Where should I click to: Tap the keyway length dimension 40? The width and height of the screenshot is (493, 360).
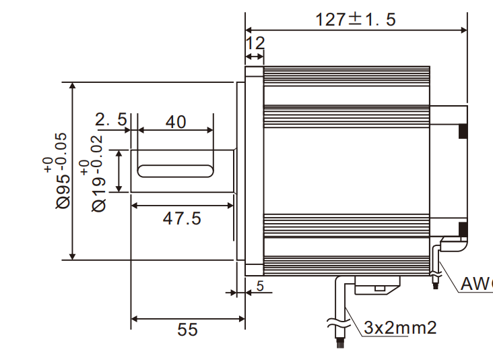175,122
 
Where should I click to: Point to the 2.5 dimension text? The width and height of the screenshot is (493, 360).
110,120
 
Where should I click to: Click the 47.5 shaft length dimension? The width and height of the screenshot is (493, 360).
182,218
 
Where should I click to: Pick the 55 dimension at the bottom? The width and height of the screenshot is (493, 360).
188,329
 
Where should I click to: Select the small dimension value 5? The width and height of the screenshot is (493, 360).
259,287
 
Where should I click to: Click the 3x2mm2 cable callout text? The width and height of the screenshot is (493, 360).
400,328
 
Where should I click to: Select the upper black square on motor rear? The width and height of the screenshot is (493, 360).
463,131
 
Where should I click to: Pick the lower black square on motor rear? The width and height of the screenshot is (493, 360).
463,229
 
